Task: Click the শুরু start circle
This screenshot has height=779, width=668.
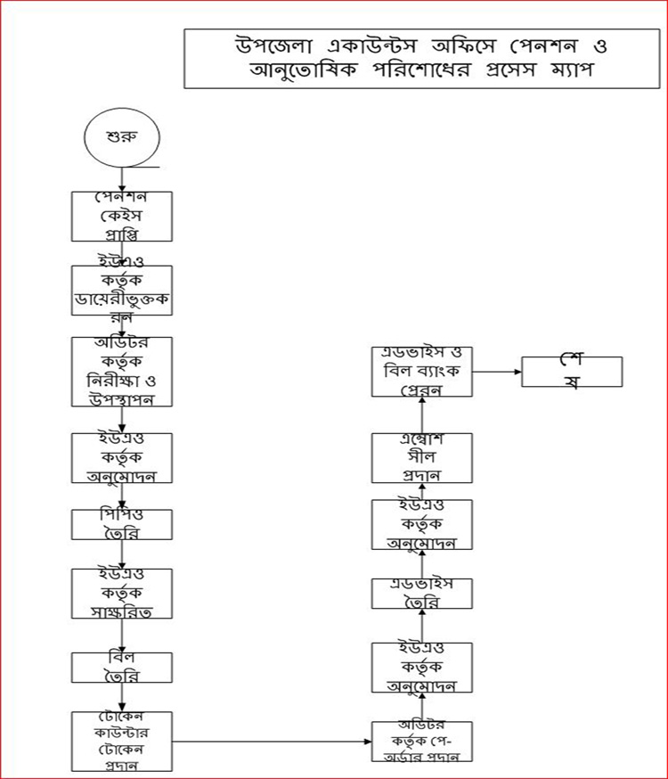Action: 120,140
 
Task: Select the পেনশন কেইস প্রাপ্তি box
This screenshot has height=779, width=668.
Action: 122,217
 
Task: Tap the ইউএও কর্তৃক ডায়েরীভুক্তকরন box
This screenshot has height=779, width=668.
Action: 122,291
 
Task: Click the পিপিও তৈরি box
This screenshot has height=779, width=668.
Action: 122,523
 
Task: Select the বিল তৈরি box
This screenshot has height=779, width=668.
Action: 122,668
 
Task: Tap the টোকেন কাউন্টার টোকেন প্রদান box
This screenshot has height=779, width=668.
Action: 122,741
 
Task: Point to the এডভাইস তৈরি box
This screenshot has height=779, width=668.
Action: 421,594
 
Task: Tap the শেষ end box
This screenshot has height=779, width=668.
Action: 572,372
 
